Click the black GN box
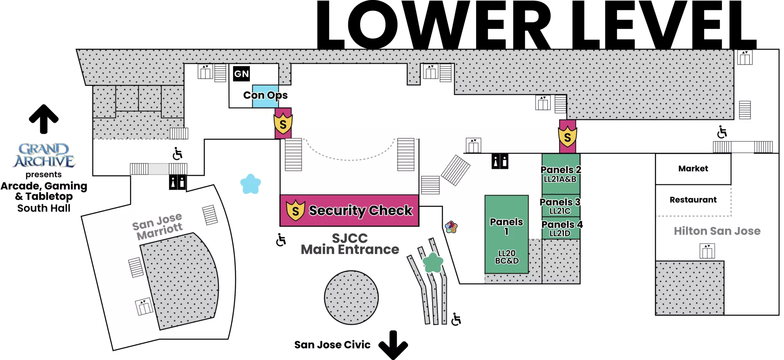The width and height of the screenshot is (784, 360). click(241, 74)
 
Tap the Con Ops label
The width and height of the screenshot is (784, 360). click(265, 95)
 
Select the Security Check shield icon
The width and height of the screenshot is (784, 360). click(296, 210)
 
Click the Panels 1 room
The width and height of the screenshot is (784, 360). click(506, 235)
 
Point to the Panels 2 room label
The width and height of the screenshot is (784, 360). click(561, 169)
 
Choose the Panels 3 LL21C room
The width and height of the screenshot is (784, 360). click(561, 206)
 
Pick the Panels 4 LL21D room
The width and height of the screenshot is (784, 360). click(561, 228)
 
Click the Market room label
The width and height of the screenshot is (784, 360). click(693, 169)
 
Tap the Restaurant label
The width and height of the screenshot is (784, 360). click(693, 200)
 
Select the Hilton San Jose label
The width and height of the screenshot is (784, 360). click(717, 231)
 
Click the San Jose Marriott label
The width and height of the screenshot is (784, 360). click(157, 227)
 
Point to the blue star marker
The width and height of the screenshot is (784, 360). click(251, 184)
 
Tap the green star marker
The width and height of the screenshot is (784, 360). click(433, 262)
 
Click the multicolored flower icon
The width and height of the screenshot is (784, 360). click(451, 227)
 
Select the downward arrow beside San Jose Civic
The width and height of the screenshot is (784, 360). click(393, 345)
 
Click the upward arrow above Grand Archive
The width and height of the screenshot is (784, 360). click(44, 119)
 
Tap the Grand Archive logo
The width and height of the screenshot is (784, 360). click(44, 155)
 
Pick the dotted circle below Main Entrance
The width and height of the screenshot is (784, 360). click(351, 298)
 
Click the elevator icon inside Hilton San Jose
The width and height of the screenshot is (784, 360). click(707, 251)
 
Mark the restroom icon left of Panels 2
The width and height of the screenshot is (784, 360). click(500, 161)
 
